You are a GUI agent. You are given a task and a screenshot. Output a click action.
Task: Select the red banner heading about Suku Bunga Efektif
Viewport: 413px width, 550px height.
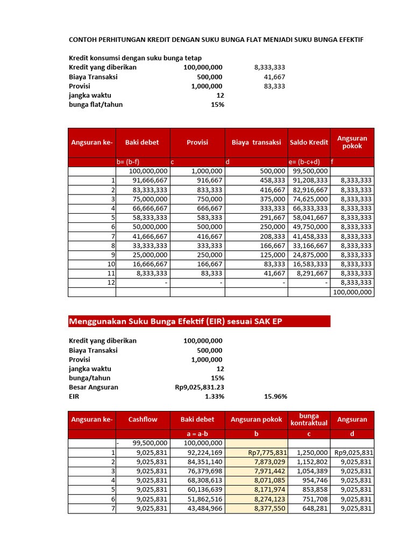point(175,321)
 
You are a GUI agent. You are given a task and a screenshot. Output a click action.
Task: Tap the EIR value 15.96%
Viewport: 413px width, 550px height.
point(275,396)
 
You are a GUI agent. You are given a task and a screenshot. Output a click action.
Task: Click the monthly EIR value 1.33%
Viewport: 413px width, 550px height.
point(214,396)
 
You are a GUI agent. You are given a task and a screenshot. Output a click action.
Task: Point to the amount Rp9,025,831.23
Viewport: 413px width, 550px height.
point(200,387)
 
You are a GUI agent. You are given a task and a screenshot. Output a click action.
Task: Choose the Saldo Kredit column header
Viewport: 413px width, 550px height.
point(309,142)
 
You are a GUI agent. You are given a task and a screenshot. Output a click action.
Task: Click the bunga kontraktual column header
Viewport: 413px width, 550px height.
point(309,419)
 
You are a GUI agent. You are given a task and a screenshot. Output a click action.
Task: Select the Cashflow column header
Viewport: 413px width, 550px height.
point(143,419)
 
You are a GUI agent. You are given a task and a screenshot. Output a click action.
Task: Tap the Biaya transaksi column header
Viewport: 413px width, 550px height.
point(256,142)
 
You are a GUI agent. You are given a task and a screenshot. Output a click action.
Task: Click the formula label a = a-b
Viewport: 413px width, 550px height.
point(197,433)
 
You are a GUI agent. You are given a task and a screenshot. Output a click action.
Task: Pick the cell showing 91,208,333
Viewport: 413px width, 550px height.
point(310,180)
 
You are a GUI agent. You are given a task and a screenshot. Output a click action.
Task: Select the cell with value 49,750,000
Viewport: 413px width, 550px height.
point(310,227)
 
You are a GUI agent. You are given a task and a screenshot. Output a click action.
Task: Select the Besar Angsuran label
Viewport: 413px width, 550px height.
point(94,387)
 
